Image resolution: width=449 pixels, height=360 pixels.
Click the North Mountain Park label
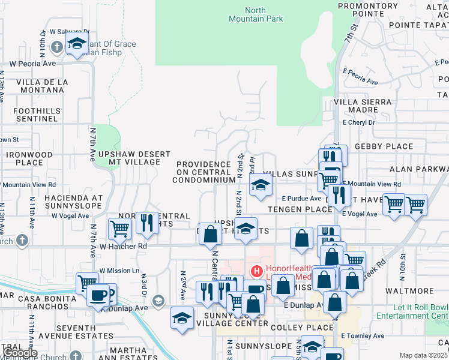point(255,14)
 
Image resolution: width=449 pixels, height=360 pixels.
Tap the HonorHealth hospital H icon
point(256,271)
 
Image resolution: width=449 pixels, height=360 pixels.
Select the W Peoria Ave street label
point(33,63)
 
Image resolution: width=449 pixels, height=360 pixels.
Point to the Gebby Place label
point(384,146)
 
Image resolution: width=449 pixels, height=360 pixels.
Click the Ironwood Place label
point(30,158)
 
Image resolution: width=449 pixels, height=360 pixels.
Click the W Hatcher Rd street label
point(123,246)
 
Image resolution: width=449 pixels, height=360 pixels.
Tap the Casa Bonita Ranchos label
point(44,302)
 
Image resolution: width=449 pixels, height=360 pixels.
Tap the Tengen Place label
point(300,209)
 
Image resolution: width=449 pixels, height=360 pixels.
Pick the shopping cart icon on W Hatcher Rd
point(119,228)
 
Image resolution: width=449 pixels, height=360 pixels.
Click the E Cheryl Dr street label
point(358,122)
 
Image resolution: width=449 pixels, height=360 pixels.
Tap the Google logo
point(20,353)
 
